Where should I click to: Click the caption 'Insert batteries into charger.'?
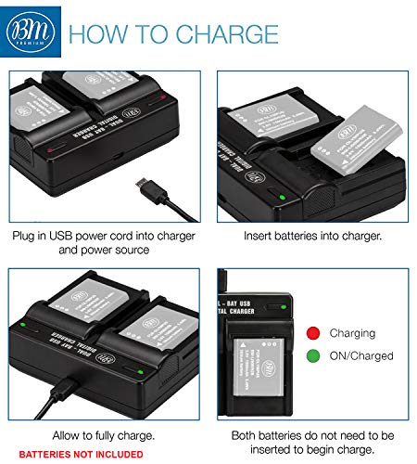312,237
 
